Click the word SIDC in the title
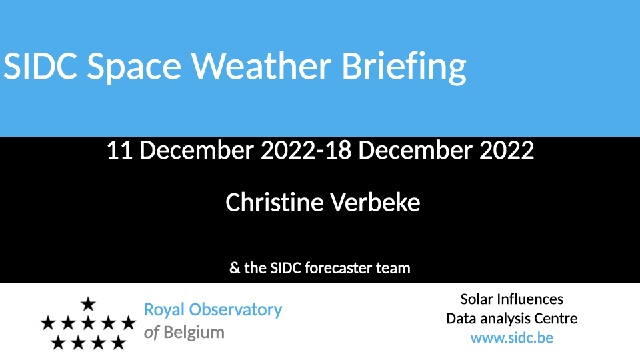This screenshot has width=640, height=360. coord(40,66)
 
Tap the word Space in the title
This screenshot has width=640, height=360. coord(134,68)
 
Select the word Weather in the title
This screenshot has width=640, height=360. coord(261,65)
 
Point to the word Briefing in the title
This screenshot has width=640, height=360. coord(404,67)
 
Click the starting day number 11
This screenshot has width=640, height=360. coord(119,150)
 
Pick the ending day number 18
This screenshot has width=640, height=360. coord(339,150)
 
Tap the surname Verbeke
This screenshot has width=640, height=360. coord(375,203)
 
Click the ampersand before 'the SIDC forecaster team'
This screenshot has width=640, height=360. coord(235,268)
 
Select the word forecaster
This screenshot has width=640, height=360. coord(338,268)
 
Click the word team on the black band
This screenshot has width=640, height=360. coord(393,268)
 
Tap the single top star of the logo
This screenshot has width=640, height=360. coord(88,304)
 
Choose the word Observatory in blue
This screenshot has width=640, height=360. coord(235,310)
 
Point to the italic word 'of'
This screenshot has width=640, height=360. coord(151,333)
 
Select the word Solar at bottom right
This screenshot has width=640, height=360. coord(477,299)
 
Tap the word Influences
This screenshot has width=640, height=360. coord(530,299)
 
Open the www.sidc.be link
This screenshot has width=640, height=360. coord(512,338)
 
